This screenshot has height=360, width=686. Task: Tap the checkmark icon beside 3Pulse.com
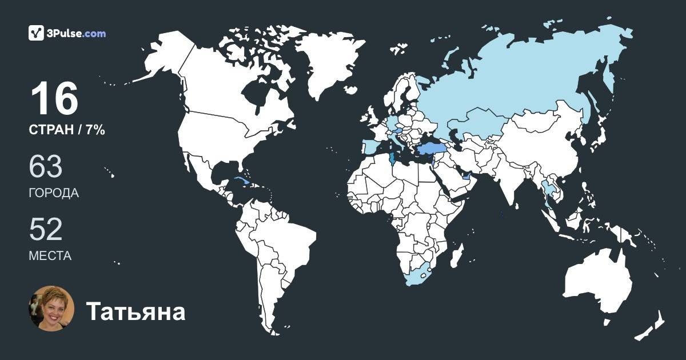[x=37, y=33]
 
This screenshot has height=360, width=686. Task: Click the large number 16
[x=54, y=99]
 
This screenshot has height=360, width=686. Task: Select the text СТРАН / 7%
[x=67, y=130]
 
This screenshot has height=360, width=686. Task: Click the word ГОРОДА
[x=54, y=193]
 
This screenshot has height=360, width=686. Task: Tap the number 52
[x=46, y=230]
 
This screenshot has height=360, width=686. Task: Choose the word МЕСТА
[x=50, y=256]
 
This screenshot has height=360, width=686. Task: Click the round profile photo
[x=51, y=309]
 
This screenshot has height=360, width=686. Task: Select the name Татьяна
[x=135, y=312]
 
